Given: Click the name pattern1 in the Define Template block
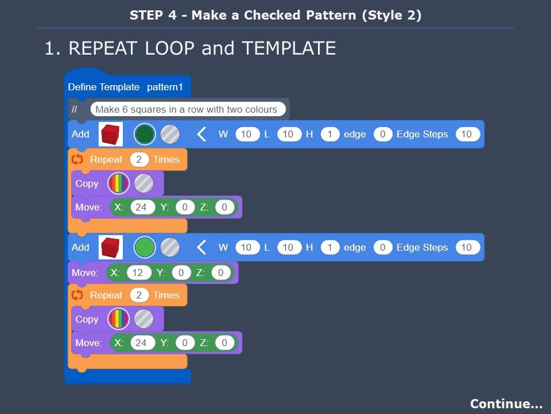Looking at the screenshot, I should tap(165, 87).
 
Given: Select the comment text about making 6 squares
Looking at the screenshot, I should tap(186, 109).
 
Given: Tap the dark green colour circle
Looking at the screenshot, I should tap(145, 135).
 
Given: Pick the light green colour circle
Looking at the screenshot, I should tap(145, 248).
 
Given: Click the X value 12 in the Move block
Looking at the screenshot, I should tap(138, 273).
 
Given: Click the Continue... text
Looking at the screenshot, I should tap(506, 404).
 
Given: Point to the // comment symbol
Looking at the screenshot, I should tap(75, 109).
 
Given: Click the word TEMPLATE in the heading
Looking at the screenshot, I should tap(288, 48).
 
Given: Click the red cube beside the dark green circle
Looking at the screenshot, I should tap(111, 135).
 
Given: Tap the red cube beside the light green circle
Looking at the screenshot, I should tap(111, 248).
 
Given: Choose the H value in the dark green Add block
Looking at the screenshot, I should tap(329, 135).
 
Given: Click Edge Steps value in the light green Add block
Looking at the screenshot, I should tap(466, 248).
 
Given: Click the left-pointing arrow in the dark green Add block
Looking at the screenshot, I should tap(201, 135).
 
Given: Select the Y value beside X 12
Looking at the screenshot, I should tap(181, 273).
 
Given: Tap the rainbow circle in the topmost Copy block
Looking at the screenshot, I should tap(119, 184).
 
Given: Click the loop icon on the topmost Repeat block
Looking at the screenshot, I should tap(77, 159).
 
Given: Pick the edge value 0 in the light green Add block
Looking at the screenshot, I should tap(382, 248).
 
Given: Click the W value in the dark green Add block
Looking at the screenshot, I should tap(247, 135).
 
